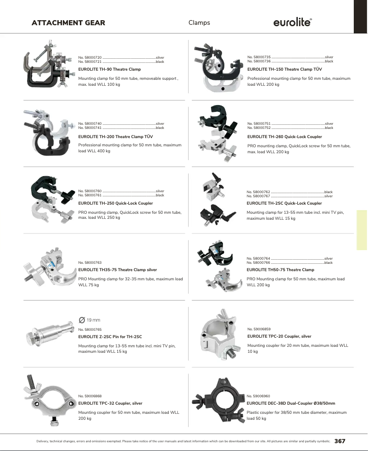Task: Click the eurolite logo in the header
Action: coord(293,22)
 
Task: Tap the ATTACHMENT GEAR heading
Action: coord(68,22)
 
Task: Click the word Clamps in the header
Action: coord(199,22)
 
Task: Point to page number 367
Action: coord(340,441)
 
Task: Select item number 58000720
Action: coord(90,57)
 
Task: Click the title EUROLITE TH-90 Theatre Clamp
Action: coord(110,69)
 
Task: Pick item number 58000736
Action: coord(259,61)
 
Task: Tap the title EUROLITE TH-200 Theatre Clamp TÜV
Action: coord(116,137)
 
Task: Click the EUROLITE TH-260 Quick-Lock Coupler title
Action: coord(284,137)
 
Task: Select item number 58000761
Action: coord(90,195)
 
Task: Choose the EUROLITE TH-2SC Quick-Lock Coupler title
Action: coord(284,203)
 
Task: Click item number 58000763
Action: coord(90,262)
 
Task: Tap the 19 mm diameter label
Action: coord(89,320)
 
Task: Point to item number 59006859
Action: coord(259,329)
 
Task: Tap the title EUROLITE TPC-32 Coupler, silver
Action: coord(110,403)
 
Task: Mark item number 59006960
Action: coord(258,395)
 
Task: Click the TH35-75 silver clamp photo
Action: coord(52,267)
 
